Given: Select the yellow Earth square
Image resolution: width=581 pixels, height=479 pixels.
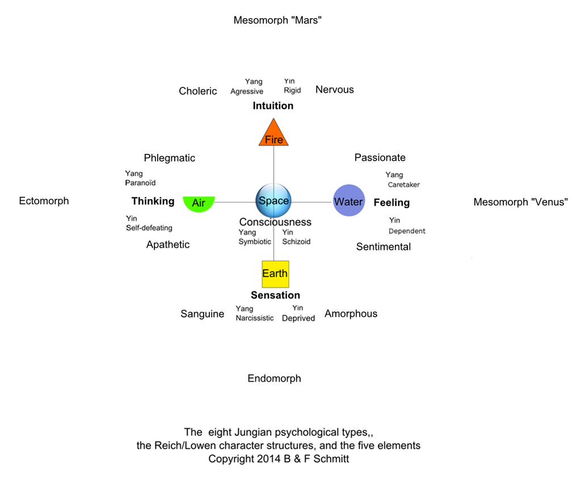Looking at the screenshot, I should point(275,274).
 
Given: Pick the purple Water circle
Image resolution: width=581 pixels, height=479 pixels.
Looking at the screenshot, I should point(348,201).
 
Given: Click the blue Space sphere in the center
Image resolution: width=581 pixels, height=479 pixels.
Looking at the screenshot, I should point(273,201).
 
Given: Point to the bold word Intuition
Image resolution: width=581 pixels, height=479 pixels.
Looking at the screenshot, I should point(273,106).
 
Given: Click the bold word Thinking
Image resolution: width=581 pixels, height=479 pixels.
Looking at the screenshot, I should point(153,201).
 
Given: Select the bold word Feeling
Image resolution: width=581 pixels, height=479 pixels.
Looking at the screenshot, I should point(391,203).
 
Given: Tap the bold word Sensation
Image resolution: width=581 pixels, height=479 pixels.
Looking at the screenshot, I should point(275,296).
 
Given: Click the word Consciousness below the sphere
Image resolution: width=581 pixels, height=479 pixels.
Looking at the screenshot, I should point(275,222).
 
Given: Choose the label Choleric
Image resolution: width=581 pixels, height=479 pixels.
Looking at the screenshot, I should point(198,91).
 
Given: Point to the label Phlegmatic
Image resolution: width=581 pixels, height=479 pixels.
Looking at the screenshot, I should point(169,158).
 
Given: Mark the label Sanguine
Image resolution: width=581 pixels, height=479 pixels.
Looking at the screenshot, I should point(203,314).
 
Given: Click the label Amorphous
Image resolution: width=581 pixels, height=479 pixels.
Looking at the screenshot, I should point(351,314).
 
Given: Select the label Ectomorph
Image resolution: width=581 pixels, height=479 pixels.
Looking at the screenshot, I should point(44,201).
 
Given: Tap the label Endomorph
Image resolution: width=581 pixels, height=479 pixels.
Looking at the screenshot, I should point(274,379).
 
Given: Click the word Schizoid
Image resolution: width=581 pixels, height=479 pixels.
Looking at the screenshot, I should point(296,242).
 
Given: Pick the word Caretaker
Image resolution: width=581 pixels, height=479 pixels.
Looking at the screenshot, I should point(404,185).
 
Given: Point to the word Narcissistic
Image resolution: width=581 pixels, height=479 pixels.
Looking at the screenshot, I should point(255,318).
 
